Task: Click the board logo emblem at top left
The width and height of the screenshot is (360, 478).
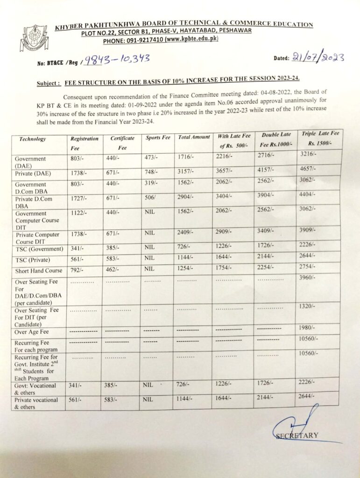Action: pos(34,38)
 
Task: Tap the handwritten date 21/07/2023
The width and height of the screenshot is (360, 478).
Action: pos(318,57)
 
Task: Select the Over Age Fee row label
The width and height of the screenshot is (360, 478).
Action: pos(33,332)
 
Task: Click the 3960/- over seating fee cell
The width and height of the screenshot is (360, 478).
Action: pos(307,277)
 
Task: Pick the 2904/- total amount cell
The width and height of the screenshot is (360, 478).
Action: pos(187,198)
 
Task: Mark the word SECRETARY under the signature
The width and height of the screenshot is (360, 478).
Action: pos(297,436)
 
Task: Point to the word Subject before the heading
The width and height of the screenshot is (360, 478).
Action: pos(48,84)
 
